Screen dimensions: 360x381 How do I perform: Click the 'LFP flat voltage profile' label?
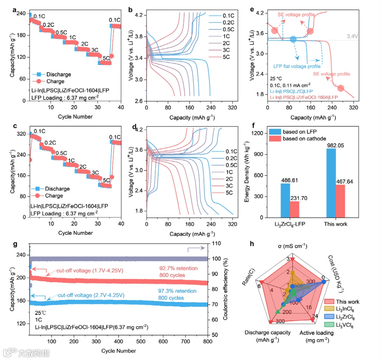(297, 66)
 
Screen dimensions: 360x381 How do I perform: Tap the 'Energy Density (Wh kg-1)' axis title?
(247, 175)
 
